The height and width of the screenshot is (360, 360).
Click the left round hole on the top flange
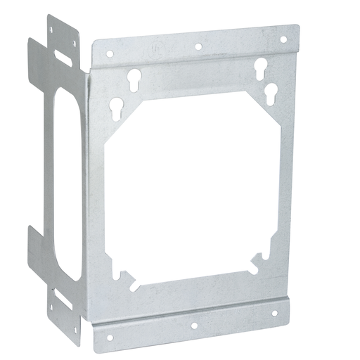110,52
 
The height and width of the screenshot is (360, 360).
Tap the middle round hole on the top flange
198,46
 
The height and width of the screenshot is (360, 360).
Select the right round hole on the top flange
284,40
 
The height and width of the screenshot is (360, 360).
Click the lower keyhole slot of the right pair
271,91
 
